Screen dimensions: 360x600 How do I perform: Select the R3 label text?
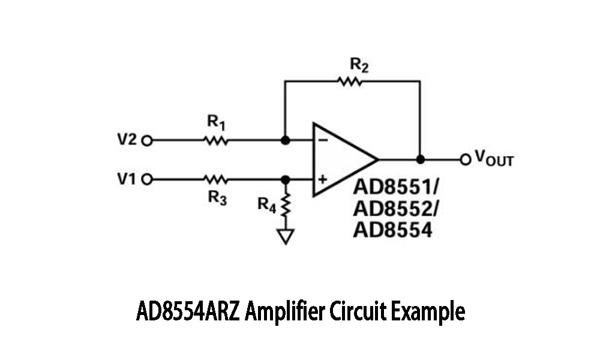[217, 198]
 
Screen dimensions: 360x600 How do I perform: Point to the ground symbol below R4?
[286, 236]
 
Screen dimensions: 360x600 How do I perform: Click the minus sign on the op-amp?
[322, 140]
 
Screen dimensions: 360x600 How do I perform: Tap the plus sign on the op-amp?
[322, 179]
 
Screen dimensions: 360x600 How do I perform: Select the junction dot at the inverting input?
[286, 141]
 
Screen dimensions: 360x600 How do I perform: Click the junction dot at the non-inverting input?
[286, 179]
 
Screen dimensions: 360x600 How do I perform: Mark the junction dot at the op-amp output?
[420, 160]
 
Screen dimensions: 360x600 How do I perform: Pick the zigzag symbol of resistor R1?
[215, 141]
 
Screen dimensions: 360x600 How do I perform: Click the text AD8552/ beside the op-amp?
[395, 208]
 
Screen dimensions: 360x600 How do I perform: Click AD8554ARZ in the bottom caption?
[188, 313]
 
